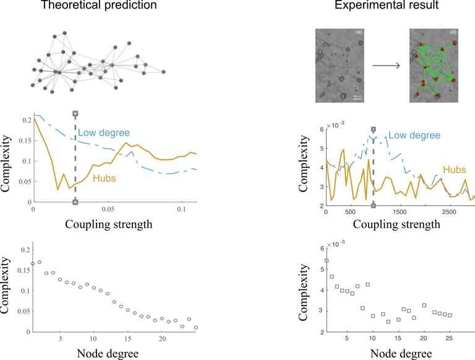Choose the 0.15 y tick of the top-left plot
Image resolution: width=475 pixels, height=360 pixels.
point(23,140)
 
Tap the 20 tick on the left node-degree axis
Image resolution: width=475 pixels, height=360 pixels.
point(161,338)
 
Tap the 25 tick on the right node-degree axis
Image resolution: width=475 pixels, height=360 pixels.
point(450,338)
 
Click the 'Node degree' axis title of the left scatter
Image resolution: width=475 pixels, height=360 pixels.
point(109,354)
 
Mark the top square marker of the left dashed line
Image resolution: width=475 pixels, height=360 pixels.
point(75,114)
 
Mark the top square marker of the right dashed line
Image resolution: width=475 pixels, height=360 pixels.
point(373,130)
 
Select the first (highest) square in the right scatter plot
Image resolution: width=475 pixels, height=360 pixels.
point(327,260)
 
